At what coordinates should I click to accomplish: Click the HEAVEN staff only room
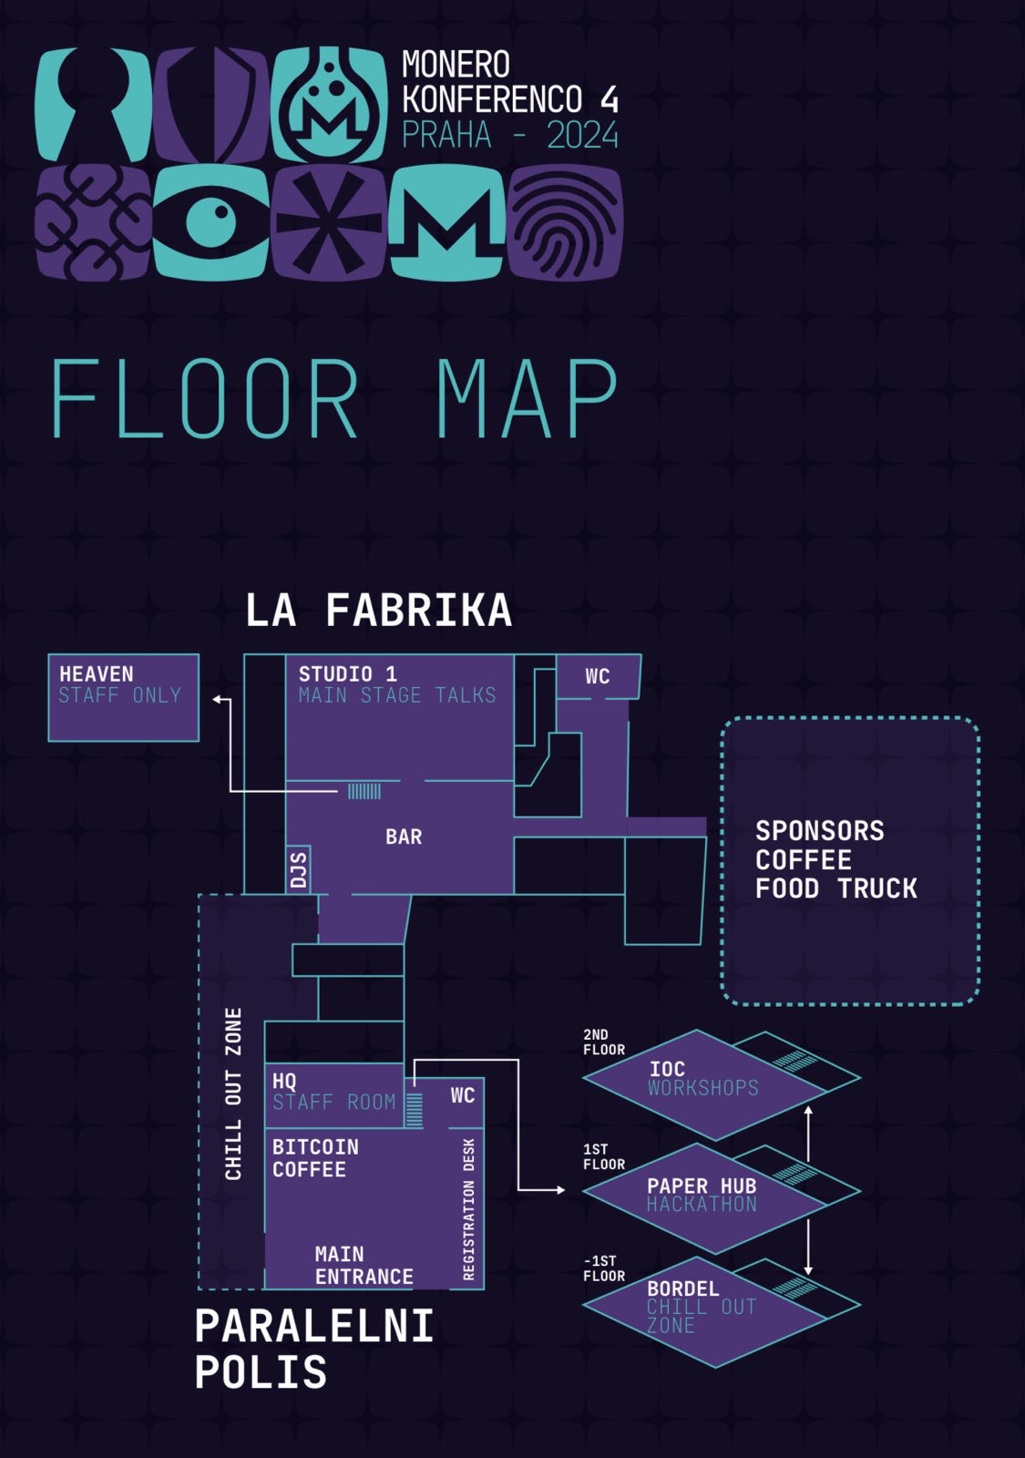click(123, 697)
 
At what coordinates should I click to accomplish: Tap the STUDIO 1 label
click(348, 674)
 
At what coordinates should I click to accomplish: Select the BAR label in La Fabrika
click(404, 837)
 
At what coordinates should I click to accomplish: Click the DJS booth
click(299, 870)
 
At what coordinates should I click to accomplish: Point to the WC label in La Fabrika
click(598, 676)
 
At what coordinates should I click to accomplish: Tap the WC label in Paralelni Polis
click(463, 1095)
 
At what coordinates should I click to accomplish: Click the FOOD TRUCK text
click(836, 888)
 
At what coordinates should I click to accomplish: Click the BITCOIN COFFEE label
click(315, 1158)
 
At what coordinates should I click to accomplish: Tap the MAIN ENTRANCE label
click(364, 1266)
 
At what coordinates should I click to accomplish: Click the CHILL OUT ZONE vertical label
click(234, 1093)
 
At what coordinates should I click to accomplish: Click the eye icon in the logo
click(211, 221)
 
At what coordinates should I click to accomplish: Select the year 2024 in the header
click(582, 136)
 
